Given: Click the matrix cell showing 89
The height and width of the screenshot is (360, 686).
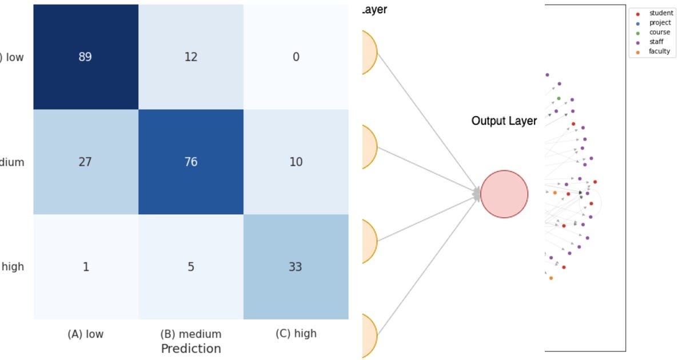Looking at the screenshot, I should (x=86, y=57).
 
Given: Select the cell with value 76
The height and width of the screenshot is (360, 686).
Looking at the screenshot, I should (x=191, y=162).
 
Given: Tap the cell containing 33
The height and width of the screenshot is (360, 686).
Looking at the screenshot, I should (x=296, y=267).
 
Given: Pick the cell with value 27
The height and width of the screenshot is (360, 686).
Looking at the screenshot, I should (x=86, y=162).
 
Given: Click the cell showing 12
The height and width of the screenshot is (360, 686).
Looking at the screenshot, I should (x=191, y=57).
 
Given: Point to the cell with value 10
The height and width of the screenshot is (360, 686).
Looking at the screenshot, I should (x=296, y=162).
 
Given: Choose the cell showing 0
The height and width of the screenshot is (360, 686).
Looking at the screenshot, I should (x=296, y=57).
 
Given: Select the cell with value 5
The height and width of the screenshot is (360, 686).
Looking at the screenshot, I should (x=191, y=267).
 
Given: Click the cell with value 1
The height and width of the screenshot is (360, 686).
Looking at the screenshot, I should (x=86, y=267).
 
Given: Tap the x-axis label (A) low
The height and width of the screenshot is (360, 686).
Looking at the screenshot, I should (x=86, y=334).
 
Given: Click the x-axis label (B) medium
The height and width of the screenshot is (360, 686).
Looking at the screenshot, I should (x=191, y=334).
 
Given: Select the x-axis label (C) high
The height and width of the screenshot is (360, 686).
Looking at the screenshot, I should (x=296, y=333).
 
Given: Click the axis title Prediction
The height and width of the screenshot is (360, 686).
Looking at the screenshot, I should (x=191, y=349).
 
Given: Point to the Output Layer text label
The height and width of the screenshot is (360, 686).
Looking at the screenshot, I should (x=504, y=121).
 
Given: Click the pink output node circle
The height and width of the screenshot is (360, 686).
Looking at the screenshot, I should (x=504, y=194).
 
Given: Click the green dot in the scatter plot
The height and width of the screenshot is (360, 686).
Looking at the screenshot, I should (x=559, y=98).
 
